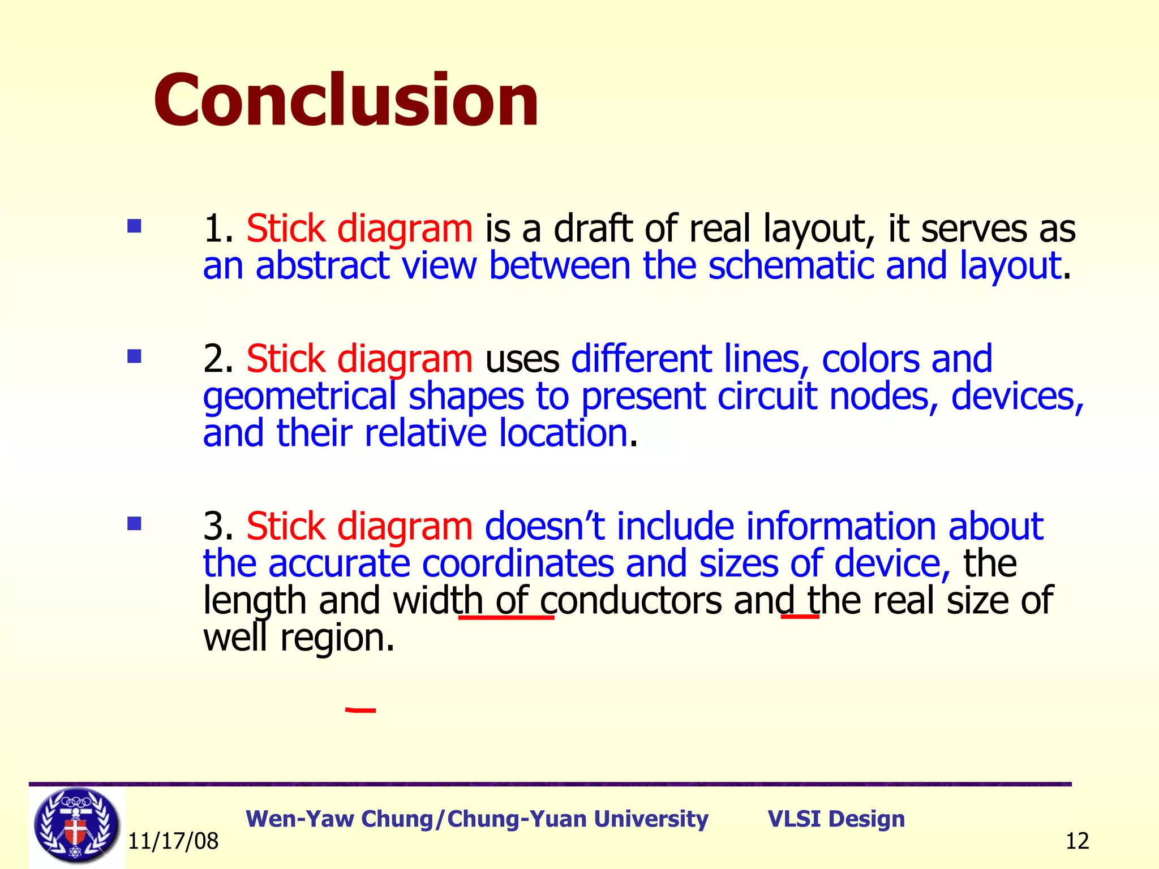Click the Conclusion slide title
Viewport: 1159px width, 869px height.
tap(346, 101)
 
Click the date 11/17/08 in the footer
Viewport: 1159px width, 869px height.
tap(173, 841)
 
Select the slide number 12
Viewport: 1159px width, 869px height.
tap(1077, 841)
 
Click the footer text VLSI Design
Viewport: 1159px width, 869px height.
tap(836, 819)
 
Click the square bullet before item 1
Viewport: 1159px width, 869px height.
tap(134, 227)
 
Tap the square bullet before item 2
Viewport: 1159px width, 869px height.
tap(134, 356)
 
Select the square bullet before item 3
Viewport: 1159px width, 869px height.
tap(134, 523)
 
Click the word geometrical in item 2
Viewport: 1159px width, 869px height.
tap(299, 396)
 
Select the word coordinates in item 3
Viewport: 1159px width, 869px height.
tap(517, 563)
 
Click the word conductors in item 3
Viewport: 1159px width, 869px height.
tap(630, 600)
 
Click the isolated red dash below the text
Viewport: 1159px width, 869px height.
tap(360, 709)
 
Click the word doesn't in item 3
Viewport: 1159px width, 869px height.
tap(544, 526)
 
